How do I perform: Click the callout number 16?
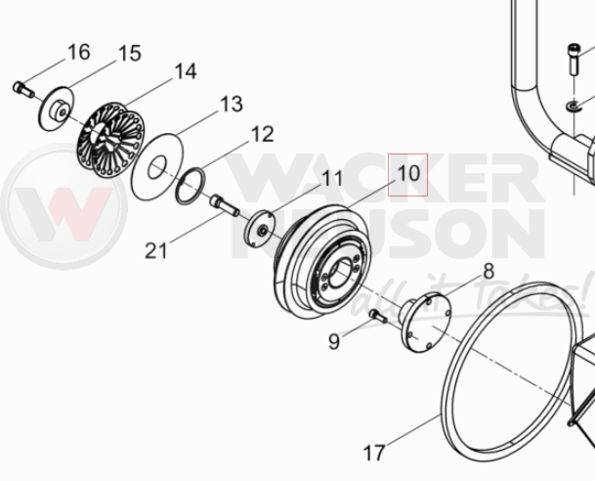pyautogui.click(x=79, y=52)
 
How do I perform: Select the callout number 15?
pyautogui.click(x=130, y=53)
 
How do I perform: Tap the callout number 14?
pyautogui.click(x=186, y=71)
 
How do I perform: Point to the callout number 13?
pyautogui.click(x=232, y=104)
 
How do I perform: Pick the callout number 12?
pyautogui.click(x=262, y=134)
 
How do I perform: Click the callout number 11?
pyautogui.click(x=332, y=178)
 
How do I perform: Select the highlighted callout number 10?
pyautogui.click(x=408, y=174)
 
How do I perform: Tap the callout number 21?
pyautogui.click(x=156, y=250)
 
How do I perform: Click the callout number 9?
pyautogui.click(x=334, y=341)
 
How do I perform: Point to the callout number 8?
pyautogui.click(x=489, y=271)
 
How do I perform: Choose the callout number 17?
pyautogui.click(x=374, y=453)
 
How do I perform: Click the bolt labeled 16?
pyautogui.click(x=23, y=89)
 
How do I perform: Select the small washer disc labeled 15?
pyautogui.click(x=57, y=109)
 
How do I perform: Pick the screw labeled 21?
pyautogui.click(x=225, y=205)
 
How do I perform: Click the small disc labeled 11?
pyautogui.click(x=259, y=229)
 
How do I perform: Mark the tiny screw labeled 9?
pyautogui.click(x=378, y=316)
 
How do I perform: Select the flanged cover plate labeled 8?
pyautogui.click(x=425, y=323)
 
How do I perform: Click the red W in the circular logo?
pyautogui.click(x=64, y=213)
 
